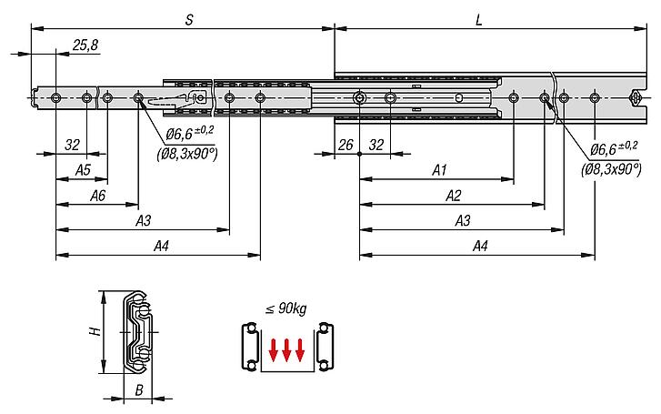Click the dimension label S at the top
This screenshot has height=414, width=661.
(x=189, y=20)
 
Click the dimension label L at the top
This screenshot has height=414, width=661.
(x=479, y=20)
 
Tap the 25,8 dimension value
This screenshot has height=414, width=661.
(x=85, y=45)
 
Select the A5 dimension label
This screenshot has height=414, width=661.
(x=83, y=169)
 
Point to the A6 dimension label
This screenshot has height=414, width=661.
(x=97, y=196)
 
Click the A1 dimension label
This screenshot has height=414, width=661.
(x=440, y=169)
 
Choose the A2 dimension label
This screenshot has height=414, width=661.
(x=454, y=196)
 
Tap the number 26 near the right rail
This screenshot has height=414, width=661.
(x=346, y=145)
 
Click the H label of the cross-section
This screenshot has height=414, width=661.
(x=96, y=331)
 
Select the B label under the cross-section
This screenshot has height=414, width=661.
(x=139, y=390)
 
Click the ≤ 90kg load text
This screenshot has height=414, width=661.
(x=285, y=309)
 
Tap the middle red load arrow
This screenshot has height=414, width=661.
(x=286, y=350)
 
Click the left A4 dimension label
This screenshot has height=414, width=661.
(x=161, y=246)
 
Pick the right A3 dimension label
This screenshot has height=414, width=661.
(x=463, y=220)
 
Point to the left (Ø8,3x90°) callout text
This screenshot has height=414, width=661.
(x=187, y=154)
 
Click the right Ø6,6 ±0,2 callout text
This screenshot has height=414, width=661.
(x=614, y=147)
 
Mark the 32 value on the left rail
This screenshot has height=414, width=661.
(x=72, y=145)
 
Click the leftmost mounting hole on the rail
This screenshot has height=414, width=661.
(x=55, y=98)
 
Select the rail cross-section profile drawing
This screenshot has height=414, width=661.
(x=136, y=332)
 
